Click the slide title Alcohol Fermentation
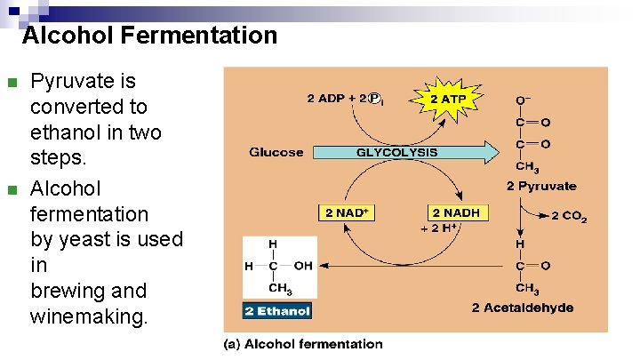(x=149, y=36)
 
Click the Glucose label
(x=276, y=152)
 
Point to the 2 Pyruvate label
(x=541, y=186)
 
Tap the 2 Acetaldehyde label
(x=523, y=308)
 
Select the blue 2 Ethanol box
(x=278, y=311)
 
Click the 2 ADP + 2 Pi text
(x=348, y=98)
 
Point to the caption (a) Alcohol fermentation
(x=303, y=344)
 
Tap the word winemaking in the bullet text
(x=88, y=316)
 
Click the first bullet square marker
(x=11, y=84)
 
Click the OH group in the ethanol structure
(x=303, y=265)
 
